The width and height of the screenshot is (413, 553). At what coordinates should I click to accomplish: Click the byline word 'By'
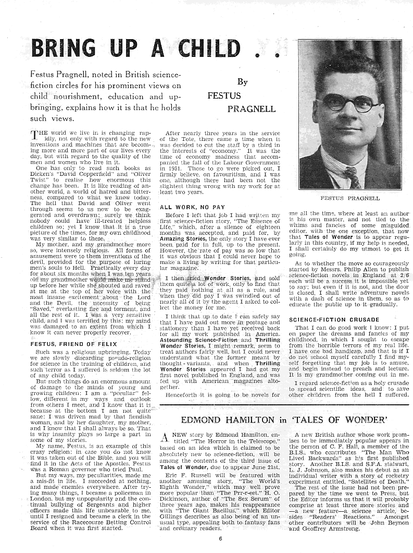pos(242,82)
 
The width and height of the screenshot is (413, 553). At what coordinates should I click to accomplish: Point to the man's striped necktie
pos(352,178)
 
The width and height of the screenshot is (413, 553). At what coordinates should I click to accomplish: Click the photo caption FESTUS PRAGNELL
pos(350,198)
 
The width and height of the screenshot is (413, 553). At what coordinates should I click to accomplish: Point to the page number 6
pos(220,539)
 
